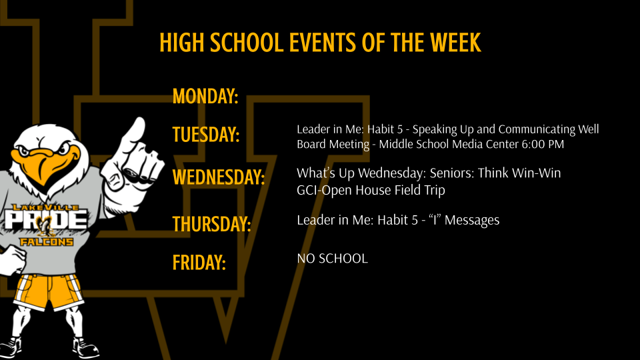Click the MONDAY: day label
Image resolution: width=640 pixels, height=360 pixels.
click(205, 97)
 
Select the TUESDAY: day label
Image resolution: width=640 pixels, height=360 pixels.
click(206, 135)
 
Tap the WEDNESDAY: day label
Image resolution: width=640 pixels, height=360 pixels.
click(219, 178)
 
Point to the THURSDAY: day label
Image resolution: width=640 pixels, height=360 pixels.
click(211, 223)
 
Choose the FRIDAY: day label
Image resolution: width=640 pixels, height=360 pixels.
click(199, 262)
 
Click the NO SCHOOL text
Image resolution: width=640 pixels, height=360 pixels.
click(332, 259)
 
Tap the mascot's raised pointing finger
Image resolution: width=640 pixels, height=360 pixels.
click(133, 130)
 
